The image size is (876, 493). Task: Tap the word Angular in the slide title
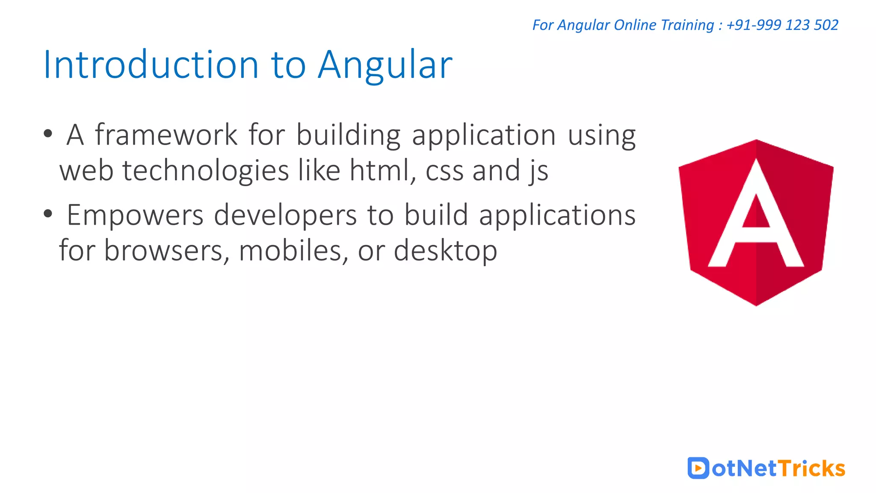click(x=385, y=65)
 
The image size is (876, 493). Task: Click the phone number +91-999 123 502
click(x=782, y=25)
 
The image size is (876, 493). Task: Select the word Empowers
click(x=135, y=215)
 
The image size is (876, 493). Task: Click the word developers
click(x=285, y=215)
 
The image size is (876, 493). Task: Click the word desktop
click(x=445, y=251)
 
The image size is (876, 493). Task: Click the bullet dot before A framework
click(x=48, y=133)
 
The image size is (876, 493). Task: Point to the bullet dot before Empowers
click(x=48, y=213)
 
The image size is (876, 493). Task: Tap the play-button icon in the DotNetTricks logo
click(x=698, y=468)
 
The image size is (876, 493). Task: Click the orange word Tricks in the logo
click(x=811, y=469)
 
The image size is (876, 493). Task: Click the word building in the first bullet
click(x=349, y=136)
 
